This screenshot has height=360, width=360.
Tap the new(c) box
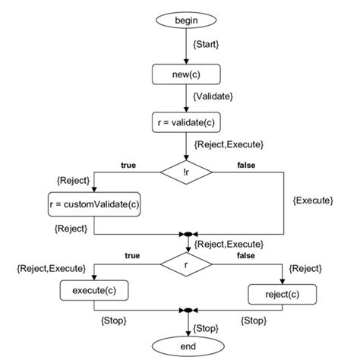186,74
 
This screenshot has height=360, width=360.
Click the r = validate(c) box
186,122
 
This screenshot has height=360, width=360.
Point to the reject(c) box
283,294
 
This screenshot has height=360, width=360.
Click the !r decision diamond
186,172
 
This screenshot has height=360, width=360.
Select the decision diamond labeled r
186,264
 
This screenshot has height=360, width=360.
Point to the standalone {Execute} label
313,200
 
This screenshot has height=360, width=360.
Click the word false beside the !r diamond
245,164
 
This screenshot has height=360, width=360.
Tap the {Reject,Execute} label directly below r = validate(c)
229,144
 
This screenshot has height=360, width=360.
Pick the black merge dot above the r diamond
186,235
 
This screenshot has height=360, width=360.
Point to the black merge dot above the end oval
186,311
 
